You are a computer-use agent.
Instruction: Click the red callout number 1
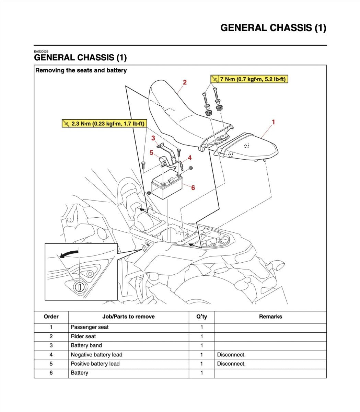click(x=273, y=122)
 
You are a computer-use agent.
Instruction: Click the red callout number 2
click(x=185, y=82)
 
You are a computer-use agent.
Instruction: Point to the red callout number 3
click(x=153, y=138)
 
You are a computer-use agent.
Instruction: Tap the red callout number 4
click(x=189, y=158)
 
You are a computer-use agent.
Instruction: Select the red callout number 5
click(x=151, y=152)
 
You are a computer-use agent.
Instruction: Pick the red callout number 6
click(x=193, y=187)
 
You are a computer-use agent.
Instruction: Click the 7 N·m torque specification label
click(x=249, y=79)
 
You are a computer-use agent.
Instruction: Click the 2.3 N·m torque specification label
click(x=104, y=124)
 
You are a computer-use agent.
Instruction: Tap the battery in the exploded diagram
click(x=166, y=187)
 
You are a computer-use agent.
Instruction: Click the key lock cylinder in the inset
click(x=79, y=286)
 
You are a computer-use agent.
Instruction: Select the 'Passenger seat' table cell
click(x=90, y=327)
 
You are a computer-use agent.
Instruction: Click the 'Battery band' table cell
click(x=86, y=345)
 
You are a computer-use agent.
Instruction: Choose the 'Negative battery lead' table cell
click(x=96, y=355)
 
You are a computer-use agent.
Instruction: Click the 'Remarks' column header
click(x=270, y=317)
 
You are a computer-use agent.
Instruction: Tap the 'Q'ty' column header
click(x=201, y=317)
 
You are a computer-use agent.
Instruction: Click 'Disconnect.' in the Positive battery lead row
click(x=231, y=364)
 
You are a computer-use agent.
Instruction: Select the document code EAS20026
click(x=41, y=51)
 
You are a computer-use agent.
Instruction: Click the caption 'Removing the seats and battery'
click(x=81, y=70)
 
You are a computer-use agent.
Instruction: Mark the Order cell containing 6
click(x=51, y=373)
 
